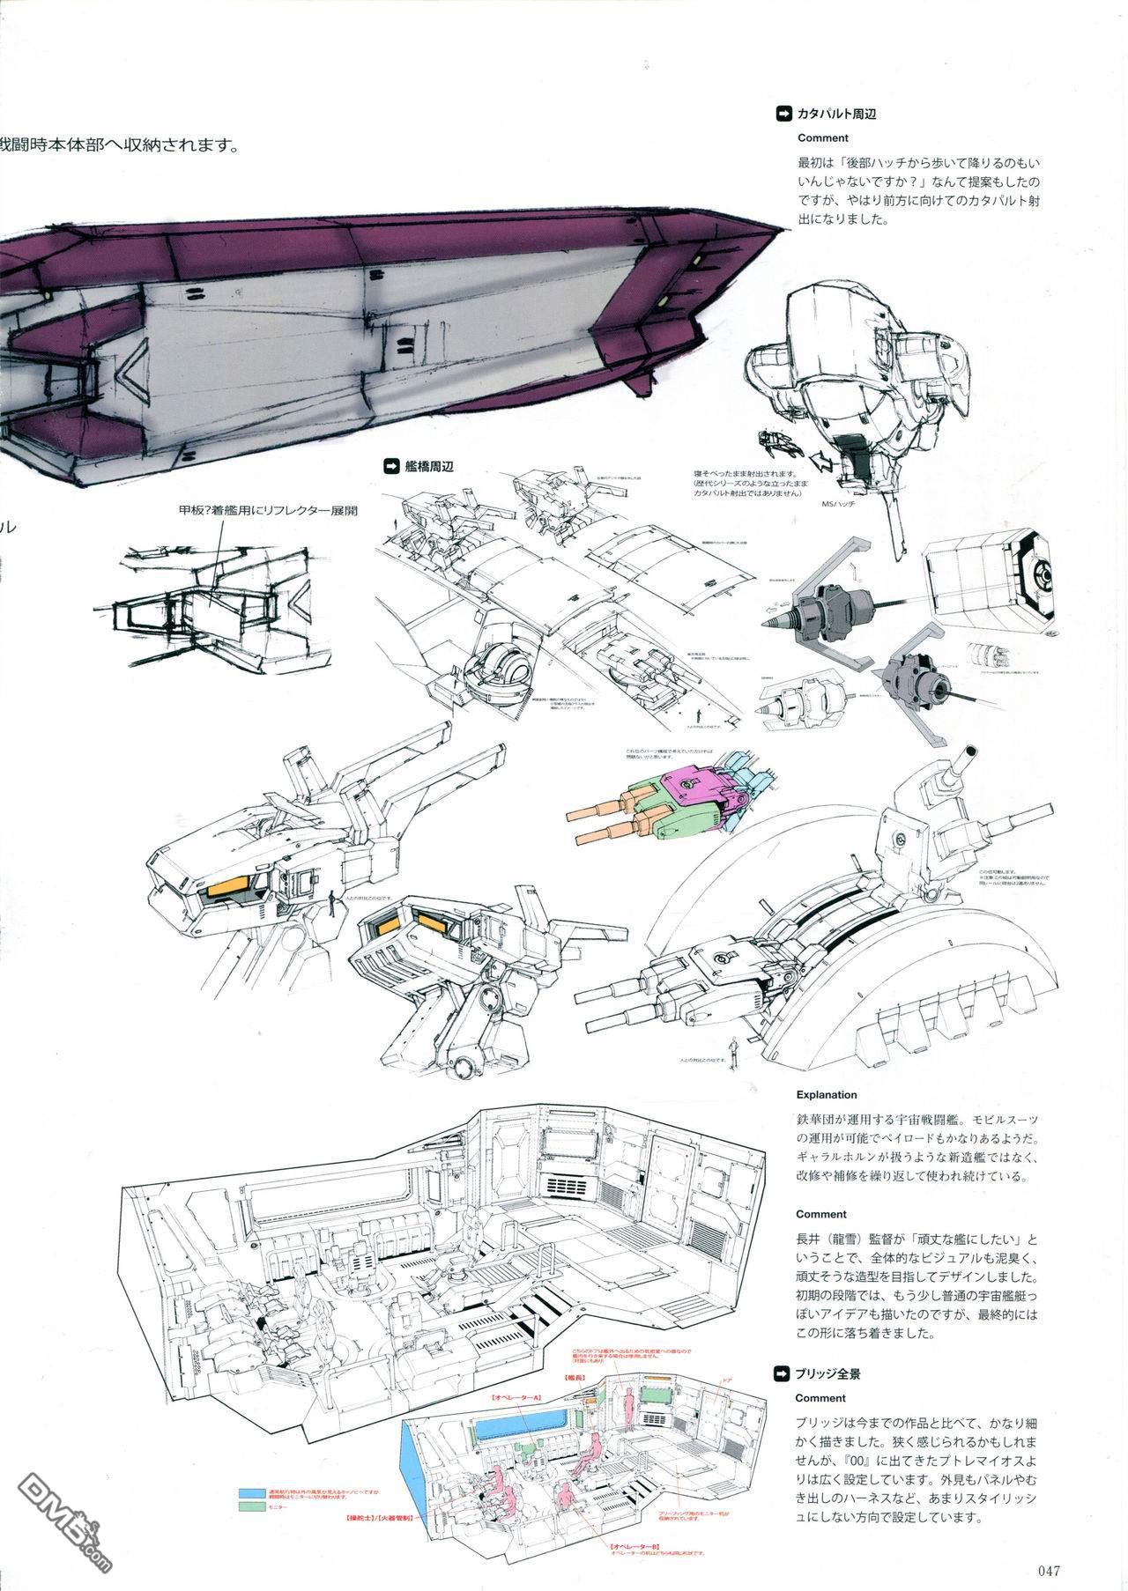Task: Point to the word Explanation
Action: click(826, 1095)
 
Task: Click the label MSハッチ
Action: click(837, 503)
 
